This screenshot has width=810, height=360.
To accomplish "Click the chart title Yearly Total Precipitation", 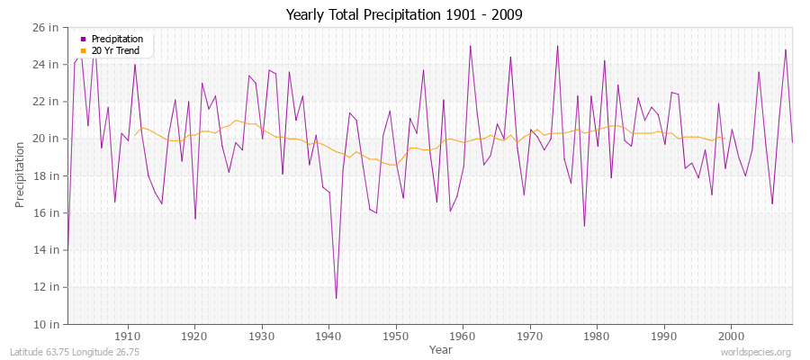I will [404, 14].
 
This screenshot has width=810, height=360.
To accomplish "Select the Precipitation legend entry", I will [117, 39].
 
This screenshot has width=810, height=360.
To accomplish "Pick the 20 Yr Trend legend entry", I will [116, 50].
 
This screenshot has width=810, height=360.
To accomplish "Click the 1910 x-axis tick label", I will [128, 337].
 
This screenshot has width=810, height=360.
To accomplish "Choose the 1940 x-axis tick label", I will [328, 337].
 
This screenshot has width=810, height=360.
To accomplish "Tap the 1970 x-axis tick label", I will [529, 337].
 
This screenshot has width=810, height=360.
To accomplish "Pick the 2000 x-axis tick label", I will [730, 337].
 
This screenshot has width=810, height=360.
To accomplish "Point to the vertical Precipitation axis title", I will [20, 175].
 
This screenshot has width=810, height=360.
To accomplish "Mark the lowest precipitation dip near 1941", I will [336, 298].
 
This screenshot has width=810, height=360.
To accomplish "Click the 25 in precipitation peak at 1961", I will [470, 46].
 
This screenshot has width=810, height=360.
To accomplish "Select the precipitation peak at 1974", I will [557, 46].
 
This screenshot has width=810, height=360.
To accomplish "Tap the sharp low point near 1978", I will [584, 226].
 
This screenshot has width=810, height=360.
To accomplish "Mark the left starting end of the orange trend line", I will [135, 135].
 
